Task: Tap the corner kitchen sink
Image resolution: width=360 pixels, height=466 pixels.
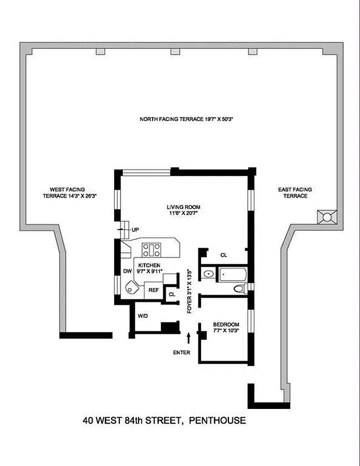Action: point(133,288)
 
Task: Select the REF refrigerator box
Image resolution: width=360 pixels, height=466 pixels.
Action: point(153,290)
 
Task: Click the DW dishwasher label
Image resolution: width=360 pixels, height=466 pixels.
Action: point(126,270)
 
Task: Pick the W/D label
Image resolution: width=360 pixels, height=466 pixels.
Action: point(143,316)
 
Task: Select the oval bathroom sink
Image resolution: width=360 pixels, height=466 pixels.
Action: point(207,274)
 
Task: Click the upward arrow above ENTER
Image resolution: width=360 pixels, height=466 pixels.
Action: point(189,338)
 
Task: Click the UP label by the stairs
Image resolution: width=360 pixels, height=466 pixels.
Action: point(135,230)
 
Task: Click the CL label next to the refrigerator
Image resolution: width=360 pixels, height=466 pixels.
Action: point(171,295)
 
